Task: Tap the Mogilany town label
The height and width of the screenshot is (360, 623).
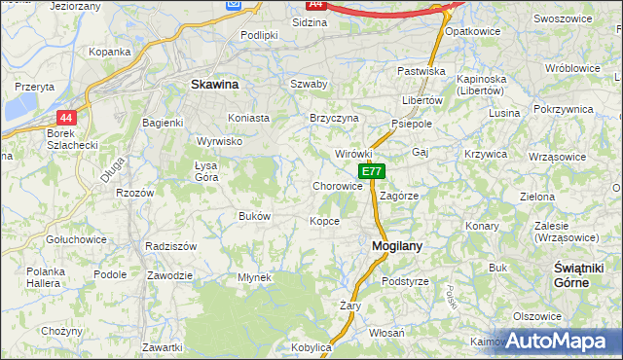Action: point(397,246)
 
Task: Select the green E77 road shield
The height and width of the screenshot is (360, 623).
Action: point(371,171)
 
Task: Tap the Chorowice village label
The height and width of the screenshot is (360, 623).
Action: point(338,186)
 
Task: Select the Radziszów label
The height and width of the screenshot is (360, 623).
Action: point(170,246)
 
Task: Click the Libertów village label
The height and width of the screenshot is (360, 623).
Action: point(422,100)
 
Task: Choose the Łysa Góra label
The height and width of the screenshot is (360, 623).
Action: point(206,171)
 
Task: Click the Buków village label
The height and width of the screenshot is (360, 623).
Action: point(254,216)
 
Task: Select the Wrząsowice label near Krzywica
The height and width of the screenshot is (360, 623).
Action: point(557,156)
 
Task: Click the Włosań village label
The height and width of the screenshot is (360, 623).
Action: point(386,332)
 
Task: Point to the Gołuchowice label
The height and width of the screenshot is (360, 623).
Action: point(75,237)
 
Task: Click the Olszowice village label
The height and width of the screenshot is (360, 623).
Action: point(537,316)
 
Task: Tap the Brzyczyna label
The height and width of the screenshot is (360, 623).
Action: point(334,118)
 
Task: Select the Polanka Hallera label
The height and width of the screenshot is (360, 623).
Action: point(45,276)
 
